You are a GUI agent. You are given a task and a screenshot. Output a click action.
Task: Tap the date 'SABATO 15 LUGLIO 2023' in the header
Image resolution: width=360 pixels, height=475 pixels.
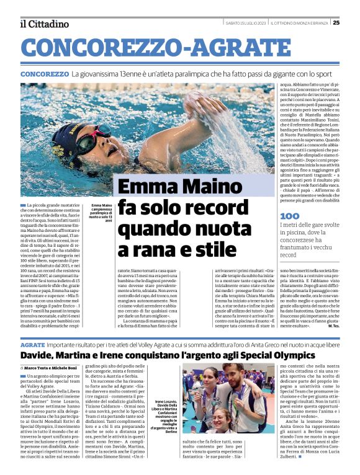pyautogui.click(x=246, y=23)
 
